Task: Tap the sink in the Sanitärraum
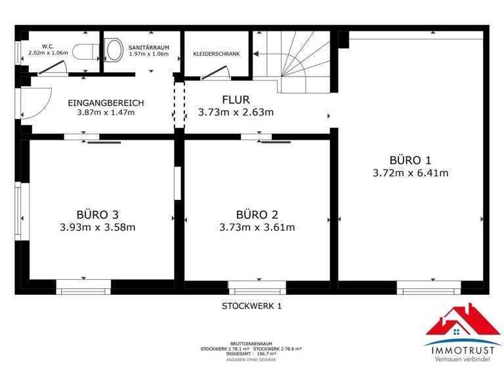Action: [x=114, y=48]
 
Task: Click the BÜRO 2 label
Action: [x=257, y=214]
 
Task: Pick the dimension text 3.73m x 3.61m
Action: [x=257, y=228]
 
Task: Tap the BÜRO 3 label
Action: [x=97, y=214]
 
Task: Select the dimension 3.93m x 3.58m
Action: [x=97, y=228]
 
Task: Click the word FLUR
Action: [x=236, y=100]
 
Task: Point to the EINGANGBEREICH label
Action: [x=106, y=103]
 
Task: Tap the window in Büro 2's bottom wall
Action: [x=257, y=286]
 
